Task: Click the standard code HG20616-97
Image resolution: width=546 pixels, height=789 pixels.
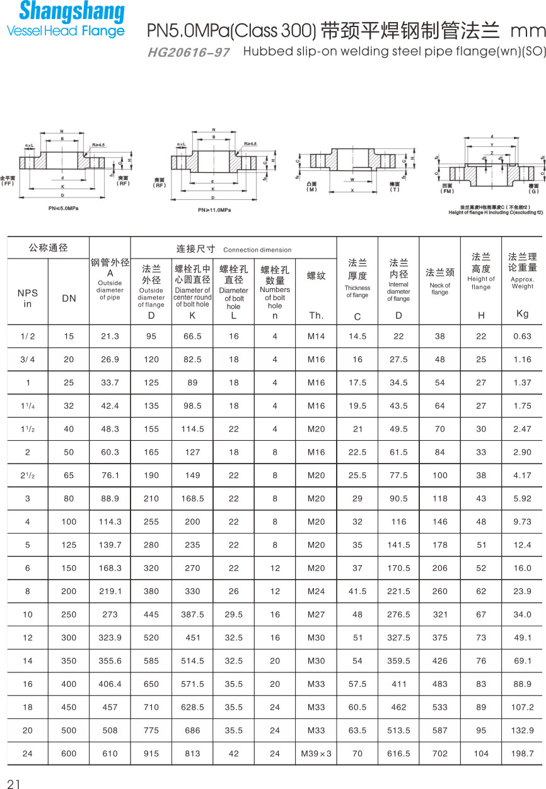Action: (x=189, y=52)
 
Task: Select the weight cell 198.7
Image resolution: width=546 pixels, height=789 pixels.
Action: (x=523, y=754)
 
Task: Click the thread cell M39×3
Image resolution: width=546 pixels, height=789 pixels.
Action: (x=316, y=754)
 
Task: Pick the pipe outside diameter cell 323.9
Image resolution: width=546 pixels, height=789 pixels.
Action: (x=110, y=638)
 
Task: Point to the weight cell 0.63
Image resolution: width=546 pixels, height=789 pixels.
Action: (x=523, y=336)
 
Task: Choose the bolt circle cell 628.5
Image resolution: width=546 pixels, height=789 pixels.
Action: (x=192, y=707)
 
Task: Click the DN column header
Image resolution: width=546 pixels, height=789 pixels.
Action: (x=69, y=298)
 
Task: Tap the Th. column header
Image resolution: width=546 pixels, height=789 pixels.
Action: (x=316, y=316)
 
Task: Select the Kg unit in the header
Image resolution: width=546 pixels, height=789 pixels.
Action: (x=523, y=313)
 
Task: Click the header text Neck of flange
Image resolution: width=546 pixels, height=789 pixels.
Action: (x=440, y=289)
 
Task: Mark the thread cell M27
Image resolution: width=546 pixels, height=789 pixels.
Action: (x=316, y=614)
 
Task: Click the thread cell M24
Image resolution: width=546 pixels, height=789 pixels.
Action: (x=316, y=591)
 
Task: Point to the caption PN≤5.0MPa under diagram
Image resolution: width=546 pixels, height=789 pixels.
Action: (x=64, y=207)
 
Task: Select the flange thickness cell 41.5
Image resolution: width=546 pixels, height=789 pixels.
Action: (x=357, y=591)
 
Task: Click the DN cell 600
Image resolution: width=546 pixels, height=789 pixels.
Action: (x=69, y=754)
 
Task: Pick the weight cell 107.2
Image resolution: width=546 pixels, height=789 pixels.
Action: (x=523, y=707)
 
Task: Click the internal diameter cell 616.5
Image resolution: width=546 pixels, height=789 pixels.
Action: (x=398, y=754)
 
